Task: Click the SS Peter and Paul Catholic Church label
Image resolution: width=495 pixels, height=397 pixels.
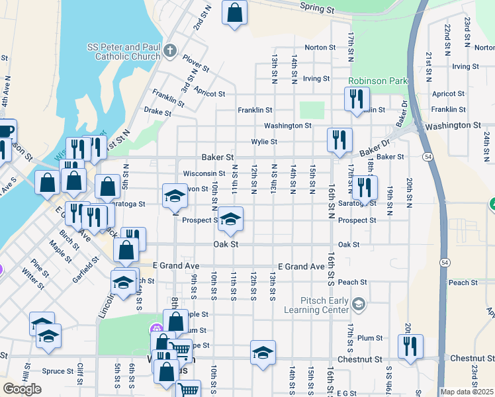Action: pyautogui.click(x=124, y=52)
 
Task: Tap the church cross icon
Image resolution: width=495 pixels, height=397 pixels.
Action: pyautogui.click(x=170, y=50)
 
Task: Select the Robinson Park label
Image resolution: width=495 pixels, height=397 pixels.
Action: pyautogui.click(x=379, y=81)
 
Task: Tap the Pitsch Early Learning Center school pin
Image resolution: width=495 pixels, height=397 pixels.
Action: pyautogui.click(x=358, y=305)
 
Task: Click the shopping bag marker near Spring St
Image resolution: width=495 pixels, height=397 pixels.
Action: pyautogui.click(x=234, y=13)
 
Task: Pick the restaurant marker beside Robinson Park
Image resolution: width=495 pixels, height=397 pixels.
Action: pyautogui.click(x=357, y=99)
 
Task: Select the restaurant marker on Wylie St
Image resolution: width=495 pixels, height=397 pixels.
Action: pyautogui.click(x=339, y=140)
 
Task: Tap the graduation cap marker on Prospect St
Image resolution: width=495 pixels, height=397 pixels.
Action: pyautogui.click(x=230, y=219)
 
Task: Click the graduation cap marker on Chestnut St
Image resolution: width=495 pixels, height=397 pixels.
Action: pyautogui.click(x=263, y=352)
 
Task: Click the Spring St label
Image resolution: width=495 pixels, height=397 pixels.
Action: pyautogui.click(x=316, y=9)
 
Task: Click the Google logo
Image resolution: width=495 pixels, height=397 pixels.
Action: pyautogui.click(x=22, y=389)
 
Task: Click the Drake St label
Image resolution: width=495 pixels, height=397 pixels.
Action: pyautogui.click(x=157, y=112)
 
